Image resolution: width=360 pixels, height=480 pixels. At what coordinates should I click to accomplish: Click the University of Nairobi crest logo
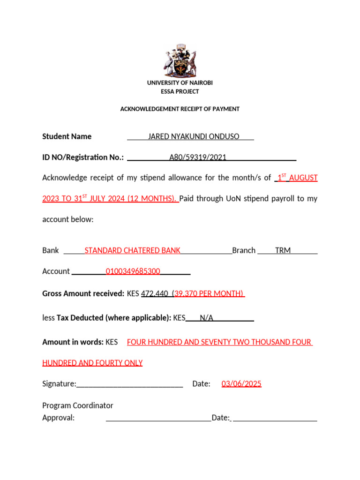click(x=180, y=61)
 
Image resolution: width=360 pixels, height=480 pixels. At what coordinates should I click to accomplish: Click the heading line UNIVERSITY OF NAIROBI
click(x=180, y=83)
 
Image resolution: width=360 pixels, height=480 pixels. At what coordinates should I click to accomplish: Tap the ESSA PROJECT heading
click(x=180, y=91)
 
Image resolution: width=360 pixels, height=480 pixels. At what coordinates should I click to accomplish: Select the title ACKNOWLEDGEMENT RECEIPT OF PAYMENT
click(x=180, y=109)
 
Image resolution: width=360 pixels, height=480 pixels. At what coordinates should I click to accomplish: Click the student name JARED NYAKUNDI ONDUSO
click(x=194, y=136)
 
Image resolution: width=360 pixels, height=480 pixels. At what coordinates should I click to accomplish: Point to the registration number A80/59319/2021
click(x=197, y=157)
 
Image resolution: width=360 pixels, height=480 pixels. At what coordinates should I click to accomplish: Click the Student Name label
click(x=67, y=136)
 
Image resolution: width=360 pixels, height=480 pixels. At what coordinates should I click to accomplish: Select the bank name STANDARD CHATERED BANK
click(x=132, y=250)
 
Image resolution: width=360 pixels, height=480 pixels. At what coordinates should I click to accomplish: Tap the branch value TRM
click(x=283, y=250)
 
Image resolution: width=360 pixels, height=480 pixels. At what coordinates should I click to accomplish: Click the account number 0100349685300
click(x=133, y=271)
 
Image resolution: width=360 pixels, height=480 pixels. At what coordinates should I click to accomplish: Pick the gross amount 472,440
click(x=155, y=294)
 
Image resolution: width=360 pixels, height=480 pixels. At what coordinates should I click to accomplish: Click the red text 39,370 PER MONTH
click(x=209, y=294)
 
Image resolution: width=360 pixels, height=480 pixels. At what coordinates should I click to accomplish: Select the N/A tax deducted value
click(x=207, y=318)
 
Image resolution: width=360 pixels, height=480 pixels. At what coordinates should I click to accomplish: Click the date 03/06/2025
click(x=241, y=384)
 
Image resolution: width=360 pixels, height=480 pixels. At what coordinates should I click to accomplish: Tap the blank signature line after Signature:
click(x=129, y=385)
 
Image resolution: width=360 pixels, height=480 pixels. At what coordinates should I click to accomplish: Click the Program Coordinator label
click(x=78, y=405)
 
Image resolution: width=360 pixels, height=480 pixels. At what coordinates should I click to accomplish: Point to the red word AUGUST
click(x=303, y=178)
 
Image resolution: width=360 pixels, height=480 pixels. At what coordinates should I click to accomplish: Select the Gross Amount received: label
click(x=83, y=294)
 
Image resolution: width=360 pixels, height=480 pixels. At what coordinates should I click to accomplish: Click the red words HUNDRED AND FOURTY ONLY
click(x=92, y=363)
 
